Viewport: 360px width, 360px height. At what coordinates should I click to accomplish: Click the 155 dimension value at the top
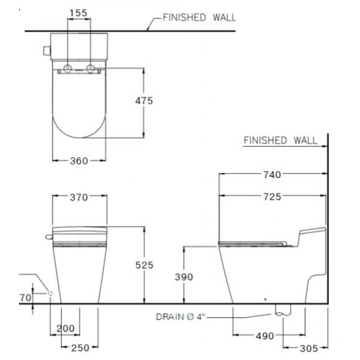(78, 13)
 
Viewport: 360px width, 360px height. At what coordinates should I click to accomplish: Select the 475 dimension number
(144, 100)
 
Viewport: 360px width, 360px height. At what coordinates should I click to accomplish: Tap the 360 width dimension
(79, 161)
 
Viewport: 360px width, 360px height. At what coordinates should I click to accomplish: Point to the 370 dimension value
(79, 197)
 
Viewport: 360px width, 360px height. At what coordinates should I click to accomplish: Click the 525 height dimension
(144, 265)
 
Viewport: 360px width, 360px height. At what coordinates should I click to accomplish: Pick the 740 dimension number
(272, 175)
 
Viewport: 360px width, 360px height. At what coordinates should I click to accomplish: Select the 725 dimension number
(272, 197)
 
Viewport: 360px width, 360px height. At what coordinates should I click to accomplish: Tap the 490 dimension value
(265, 336)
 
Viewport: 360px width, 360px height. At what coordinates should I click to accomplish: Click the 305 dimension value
(309, 348)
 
